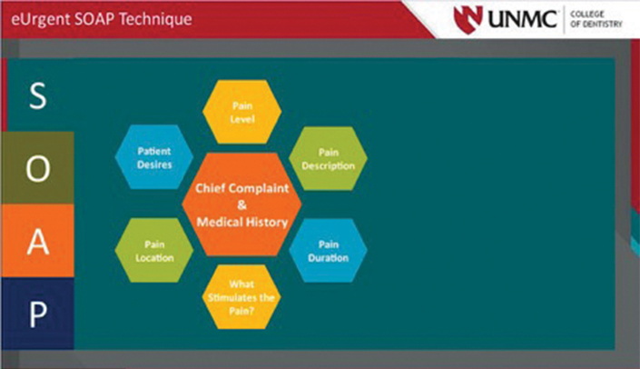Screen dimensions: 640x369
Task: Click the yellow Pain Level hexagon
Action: (x=242, y=112)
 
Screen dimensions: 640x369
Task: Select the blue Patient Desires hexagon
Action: (x=154, y=157)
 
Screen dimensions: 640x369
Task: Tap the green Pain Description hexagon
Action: (x=328, y=158)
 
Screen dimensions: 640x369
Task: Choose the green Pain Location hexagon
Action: (x=154, y=250)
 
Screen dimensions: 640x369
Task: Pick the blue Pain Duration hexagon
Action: (x=328, y=250)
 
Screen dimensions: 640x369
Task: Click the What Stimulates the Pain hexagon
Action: (x=241, y=297)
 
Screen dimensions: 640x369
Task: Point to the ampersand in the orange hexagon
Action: (x=242, y=205)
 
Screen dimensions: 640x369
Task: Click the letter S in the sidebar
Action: (x=38, y=95)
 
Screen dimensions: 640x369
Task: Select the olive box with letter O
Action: (x=37, y=168)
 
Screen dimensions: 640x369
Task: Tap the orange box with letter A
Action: (x=37, y=241)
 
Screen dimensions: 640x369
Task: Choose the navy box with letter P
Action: (x=37, y=314)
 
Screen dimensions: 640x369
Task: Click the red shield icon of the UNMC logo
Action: (x=468, y=19)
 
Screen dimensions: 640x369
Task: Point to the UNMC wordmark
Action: (x=523, y=19)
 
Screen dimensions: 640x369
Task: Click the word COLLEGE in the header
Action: (x=587, y=14)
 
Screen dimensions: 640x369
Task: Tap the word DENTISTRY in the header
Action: (x=602, y=25)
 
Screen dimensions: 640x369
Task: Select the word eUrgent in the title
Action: (x=41, y=20)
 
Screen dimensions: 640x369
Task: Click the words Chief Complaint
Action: (x=242, y=188)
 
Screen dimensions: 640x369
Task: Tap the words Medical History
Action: (x=242, y=222)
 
